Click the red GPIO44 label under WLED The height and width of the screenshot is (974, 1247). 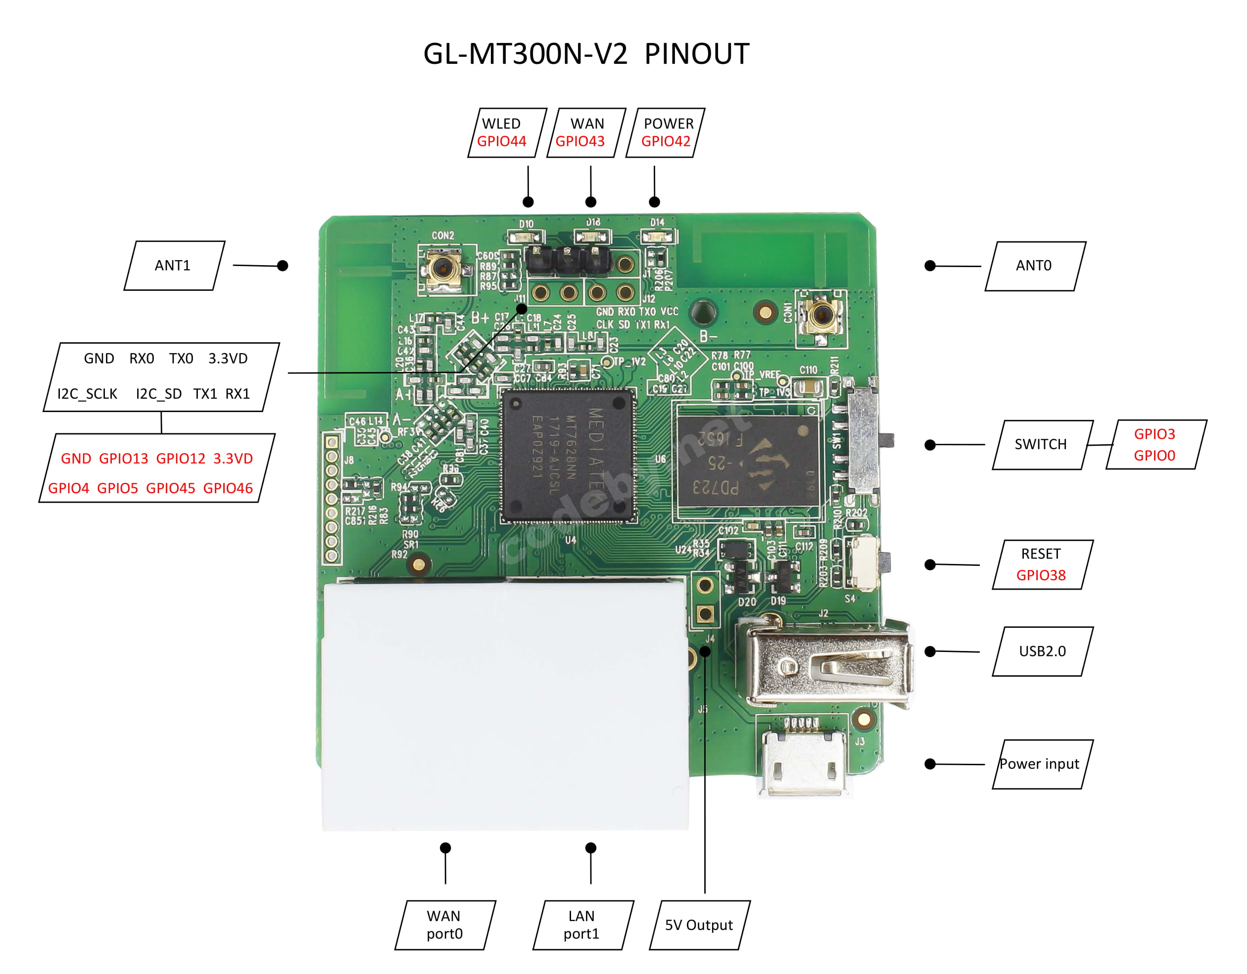501,141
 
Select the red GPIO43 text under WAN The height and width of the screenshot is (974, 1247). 579,141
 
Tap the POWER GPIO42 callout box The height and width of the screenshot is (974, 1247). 666,133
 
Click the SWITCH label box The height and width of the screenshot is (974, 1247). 1041,445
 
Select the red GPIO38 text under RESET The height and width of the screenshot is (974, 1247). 1040,575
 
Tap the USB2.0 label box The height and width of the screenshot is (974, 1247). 1042,651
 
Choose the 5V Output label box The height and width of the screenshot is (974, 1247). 699,925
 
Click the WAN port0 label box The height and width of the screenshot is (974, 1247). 445,925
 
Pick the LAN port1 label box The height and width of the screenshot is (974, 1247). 582,925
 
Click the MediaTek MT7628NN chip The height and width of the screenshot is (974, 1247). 569,455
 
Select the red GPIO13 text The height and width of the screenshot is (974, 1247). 123,459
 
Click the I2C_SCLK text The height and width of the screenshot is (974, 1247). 88,394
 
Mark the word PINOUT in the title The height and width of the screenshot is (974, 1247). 697,54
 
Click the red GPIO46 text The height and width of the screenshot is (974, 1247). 228,488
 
